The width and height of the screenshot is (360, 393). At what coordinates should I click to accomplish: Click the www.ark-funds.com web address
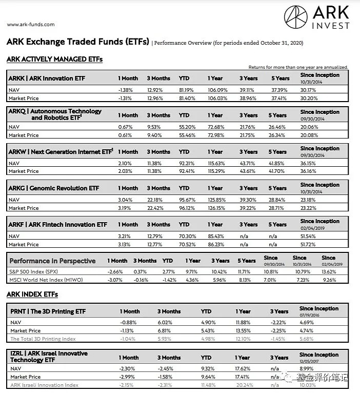(31, 24)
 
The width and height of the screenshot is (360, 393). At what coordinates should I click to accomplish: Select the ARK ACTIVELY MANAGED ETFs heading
(54, 59)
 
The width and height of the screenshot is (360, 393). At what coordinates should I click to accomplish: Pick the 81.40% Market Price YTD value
(188, 97)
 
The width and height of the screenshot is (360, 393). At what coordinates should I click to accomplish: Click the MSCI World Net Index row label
(46, 280)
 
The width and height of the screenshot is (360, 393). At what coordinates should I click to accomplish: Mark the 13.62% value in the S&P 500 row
(330, 271)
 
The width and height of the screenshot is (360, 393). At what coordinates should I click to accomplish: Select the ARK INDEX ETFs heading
(32, 294)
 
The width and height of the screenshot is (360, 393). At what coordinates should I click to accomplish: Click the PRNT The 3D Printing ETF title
(48, 311)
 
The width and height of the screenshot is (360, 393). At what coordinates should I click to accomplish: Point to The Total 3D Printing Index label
(43, 339)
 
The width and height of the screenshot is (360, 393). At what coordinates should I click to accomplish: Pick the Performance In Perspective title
(52, 261)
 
